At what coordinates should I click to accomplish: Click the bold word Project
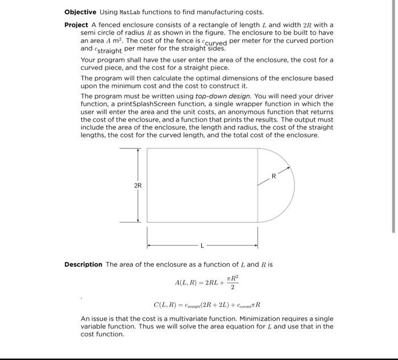[76, 25]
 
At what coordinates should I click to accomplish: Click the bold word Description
[83, 264]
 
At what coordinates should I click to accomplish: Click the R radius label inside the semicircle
[274, 177]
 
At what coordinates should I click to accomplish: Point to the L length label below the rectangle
[201, 246]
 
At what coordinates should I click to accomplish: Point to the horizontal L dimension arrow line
[171, 246]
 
